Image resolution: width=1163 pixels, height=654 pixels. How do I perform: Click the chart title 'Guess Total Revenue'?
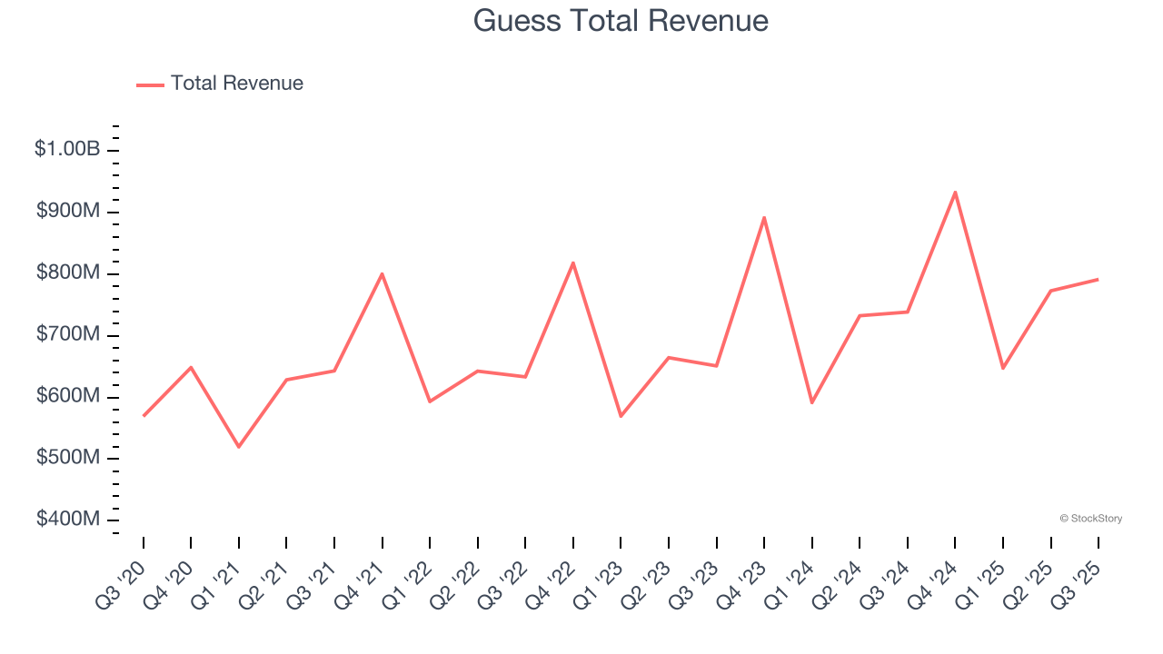pos(621,21)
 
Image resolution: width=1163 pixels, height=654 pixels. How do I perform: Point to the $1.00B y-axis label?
pos(67,149)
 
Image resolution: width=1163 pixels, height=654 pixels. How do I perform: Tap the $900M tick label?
pos(68,211)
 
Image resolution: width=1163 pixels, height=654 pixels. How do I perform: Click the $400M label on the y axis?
pos(68,519)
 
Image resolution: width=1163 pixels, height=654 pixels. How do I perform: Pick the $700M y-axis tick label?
pos(68,334)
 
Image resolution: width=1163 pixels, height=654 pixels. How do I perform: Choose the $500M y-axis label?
pos(68,457)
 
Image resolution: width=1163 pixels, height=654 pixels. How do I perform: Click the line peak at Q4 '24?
pos(955,192)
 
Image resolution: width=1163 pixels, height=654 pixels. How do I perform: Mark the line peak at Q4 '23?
pos(764,217)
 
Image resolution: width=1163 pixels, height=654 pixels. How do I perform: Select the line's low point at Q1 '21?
pos(239,447)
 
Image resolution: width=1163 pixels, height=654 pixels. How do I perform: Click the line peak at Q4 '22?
pos(573,263)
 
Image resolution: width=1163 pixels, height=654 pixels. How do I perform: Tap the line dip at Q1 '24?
pos(811,402)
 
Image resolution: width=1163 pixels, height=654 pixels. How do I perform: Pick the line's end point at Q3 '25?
pos(1098,279)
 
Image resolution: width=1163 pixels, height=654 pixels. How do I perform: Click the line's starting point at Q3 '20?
pos(144,415)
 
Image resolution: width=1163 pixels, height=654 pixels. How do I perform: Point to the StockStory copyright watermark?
pos(1090,519)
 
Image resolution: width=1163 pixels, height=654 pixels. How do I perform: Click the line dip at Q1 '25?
pos(1003,368)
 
